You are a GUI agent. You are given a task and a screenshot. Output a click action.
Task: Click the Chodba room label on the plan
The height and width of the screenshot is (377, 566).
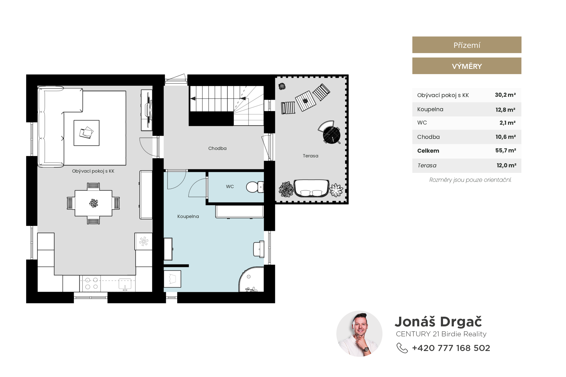pyautogui.click(x=217, y=149)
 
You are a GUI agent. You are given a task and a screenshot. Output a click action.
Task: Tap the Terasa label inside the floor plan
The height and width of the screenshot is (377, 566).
pyautogui.click(x=310, y=156)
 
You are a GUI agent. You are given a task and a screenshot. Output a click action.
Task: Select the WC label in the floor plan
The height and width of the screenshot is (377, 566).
pyautogui.click(x=230, y=187)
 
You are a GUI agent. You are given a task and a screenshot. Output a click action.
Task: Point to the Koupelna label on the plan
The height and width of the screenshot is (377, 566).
pyautogui.click(x=188, y=217)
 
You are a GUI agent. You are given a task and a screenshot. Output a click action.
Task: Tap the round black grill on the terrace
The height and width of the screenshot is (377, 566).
pyautogui.click(x=331, y=135)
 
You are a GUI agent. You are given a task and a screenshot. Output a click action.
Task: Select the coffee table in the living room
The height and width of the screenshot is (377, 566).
pyautogui.click(x=87, y=133)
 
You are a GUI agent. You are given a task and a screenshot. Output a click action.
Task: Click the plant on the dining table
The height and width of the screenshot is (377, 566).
pyautogui.click(x=94, y=203)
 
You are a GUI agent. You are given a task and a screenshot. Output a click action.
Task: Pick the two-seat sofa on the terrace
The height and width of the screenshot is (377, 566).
pyautogui.click(x=311, y=188)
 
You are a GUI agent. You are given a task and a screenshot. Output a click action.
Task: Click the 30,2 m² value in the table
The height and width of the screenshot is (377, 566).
pyautogui.click(x=505, y=95)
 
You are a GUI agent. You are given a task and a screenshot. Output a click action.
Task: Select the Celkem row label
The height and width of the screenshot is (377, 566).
pyautogui.click(x=428, y=151)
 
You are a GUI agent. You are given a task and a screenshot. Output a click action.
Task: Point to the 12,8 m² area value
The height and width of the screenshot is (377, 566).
pyautogui.click(x=505, y=110)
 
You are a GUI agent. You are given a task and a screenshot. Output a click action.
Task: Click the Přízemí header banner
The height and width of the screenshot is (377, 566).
pyautogui.click(x=467, y=45)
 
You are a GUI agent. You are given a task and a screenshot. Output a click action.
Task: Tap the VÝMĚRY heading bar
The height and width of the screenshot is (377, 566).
pyautogui.click(x=467, y=66)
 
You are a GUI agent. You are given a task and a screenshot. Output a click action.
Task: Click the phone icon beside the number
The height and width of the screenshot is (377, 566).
pyautogui.click(x=402, y=348)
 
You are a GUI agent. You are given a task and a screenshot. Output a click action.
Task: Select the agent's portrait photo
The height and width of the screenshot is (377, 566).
pyautogui.click(x=359, y=334)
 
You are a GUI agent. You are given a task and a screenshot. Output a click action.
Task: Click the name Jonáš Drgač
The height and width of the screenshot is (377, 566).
pyautogui.click(x=438, y=322)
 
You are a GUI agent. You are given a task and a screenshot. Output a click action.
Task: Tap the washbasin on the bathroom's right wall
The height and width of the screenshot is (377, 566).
pyautogui.click(x=259, y=249)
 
